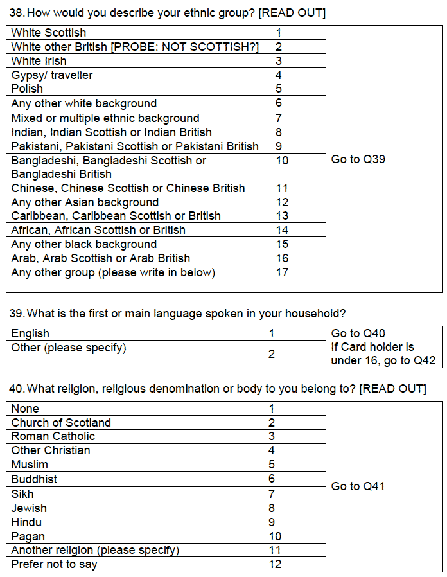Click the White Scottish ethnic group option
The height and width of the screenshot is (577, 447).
[x=49, y=33]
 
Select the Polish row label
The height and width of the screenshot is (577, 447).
[x=28, y=89]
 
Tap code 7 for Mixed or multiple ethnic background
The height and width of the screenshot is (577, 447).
[x=279, y=118]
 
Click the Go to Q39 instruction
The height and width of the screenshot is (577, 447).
[x=358, y=159]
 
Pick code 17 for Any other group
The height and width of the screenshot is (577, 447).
[x=282, y=272]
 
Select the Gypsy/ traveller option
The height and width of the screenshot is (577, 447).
[x=52, y=75]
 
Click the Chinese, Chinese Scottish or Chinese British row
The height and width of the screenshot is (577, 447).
[x=128, y=188]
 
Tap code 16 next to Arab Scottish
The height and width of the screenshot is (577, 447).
[x=282, y=258]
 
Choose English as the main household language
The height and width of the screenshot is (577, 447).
[x=30, y=333]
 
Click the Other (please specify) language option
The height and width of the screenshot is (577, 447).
[x=69, y=348]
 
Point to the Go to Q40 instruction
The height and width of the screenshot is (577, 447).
[x=358, y=333]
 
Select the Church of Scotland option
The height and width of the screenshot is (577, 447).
[x=61, y=423]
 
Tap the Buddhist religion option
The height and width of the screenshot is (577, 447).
[x=34, y=479]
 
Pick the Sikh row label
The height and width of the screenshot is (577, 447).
[x=22, y=494]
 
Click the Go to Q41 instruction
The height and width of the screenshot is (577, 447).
[x=358, y=486]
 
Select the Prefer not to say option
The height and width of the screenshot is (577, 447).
[x=55, y=565]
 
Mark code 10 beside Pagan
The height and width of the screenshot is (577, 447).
[x=275, y=537]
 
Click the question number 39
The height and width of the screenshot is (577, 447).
[x=16, y=314]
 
